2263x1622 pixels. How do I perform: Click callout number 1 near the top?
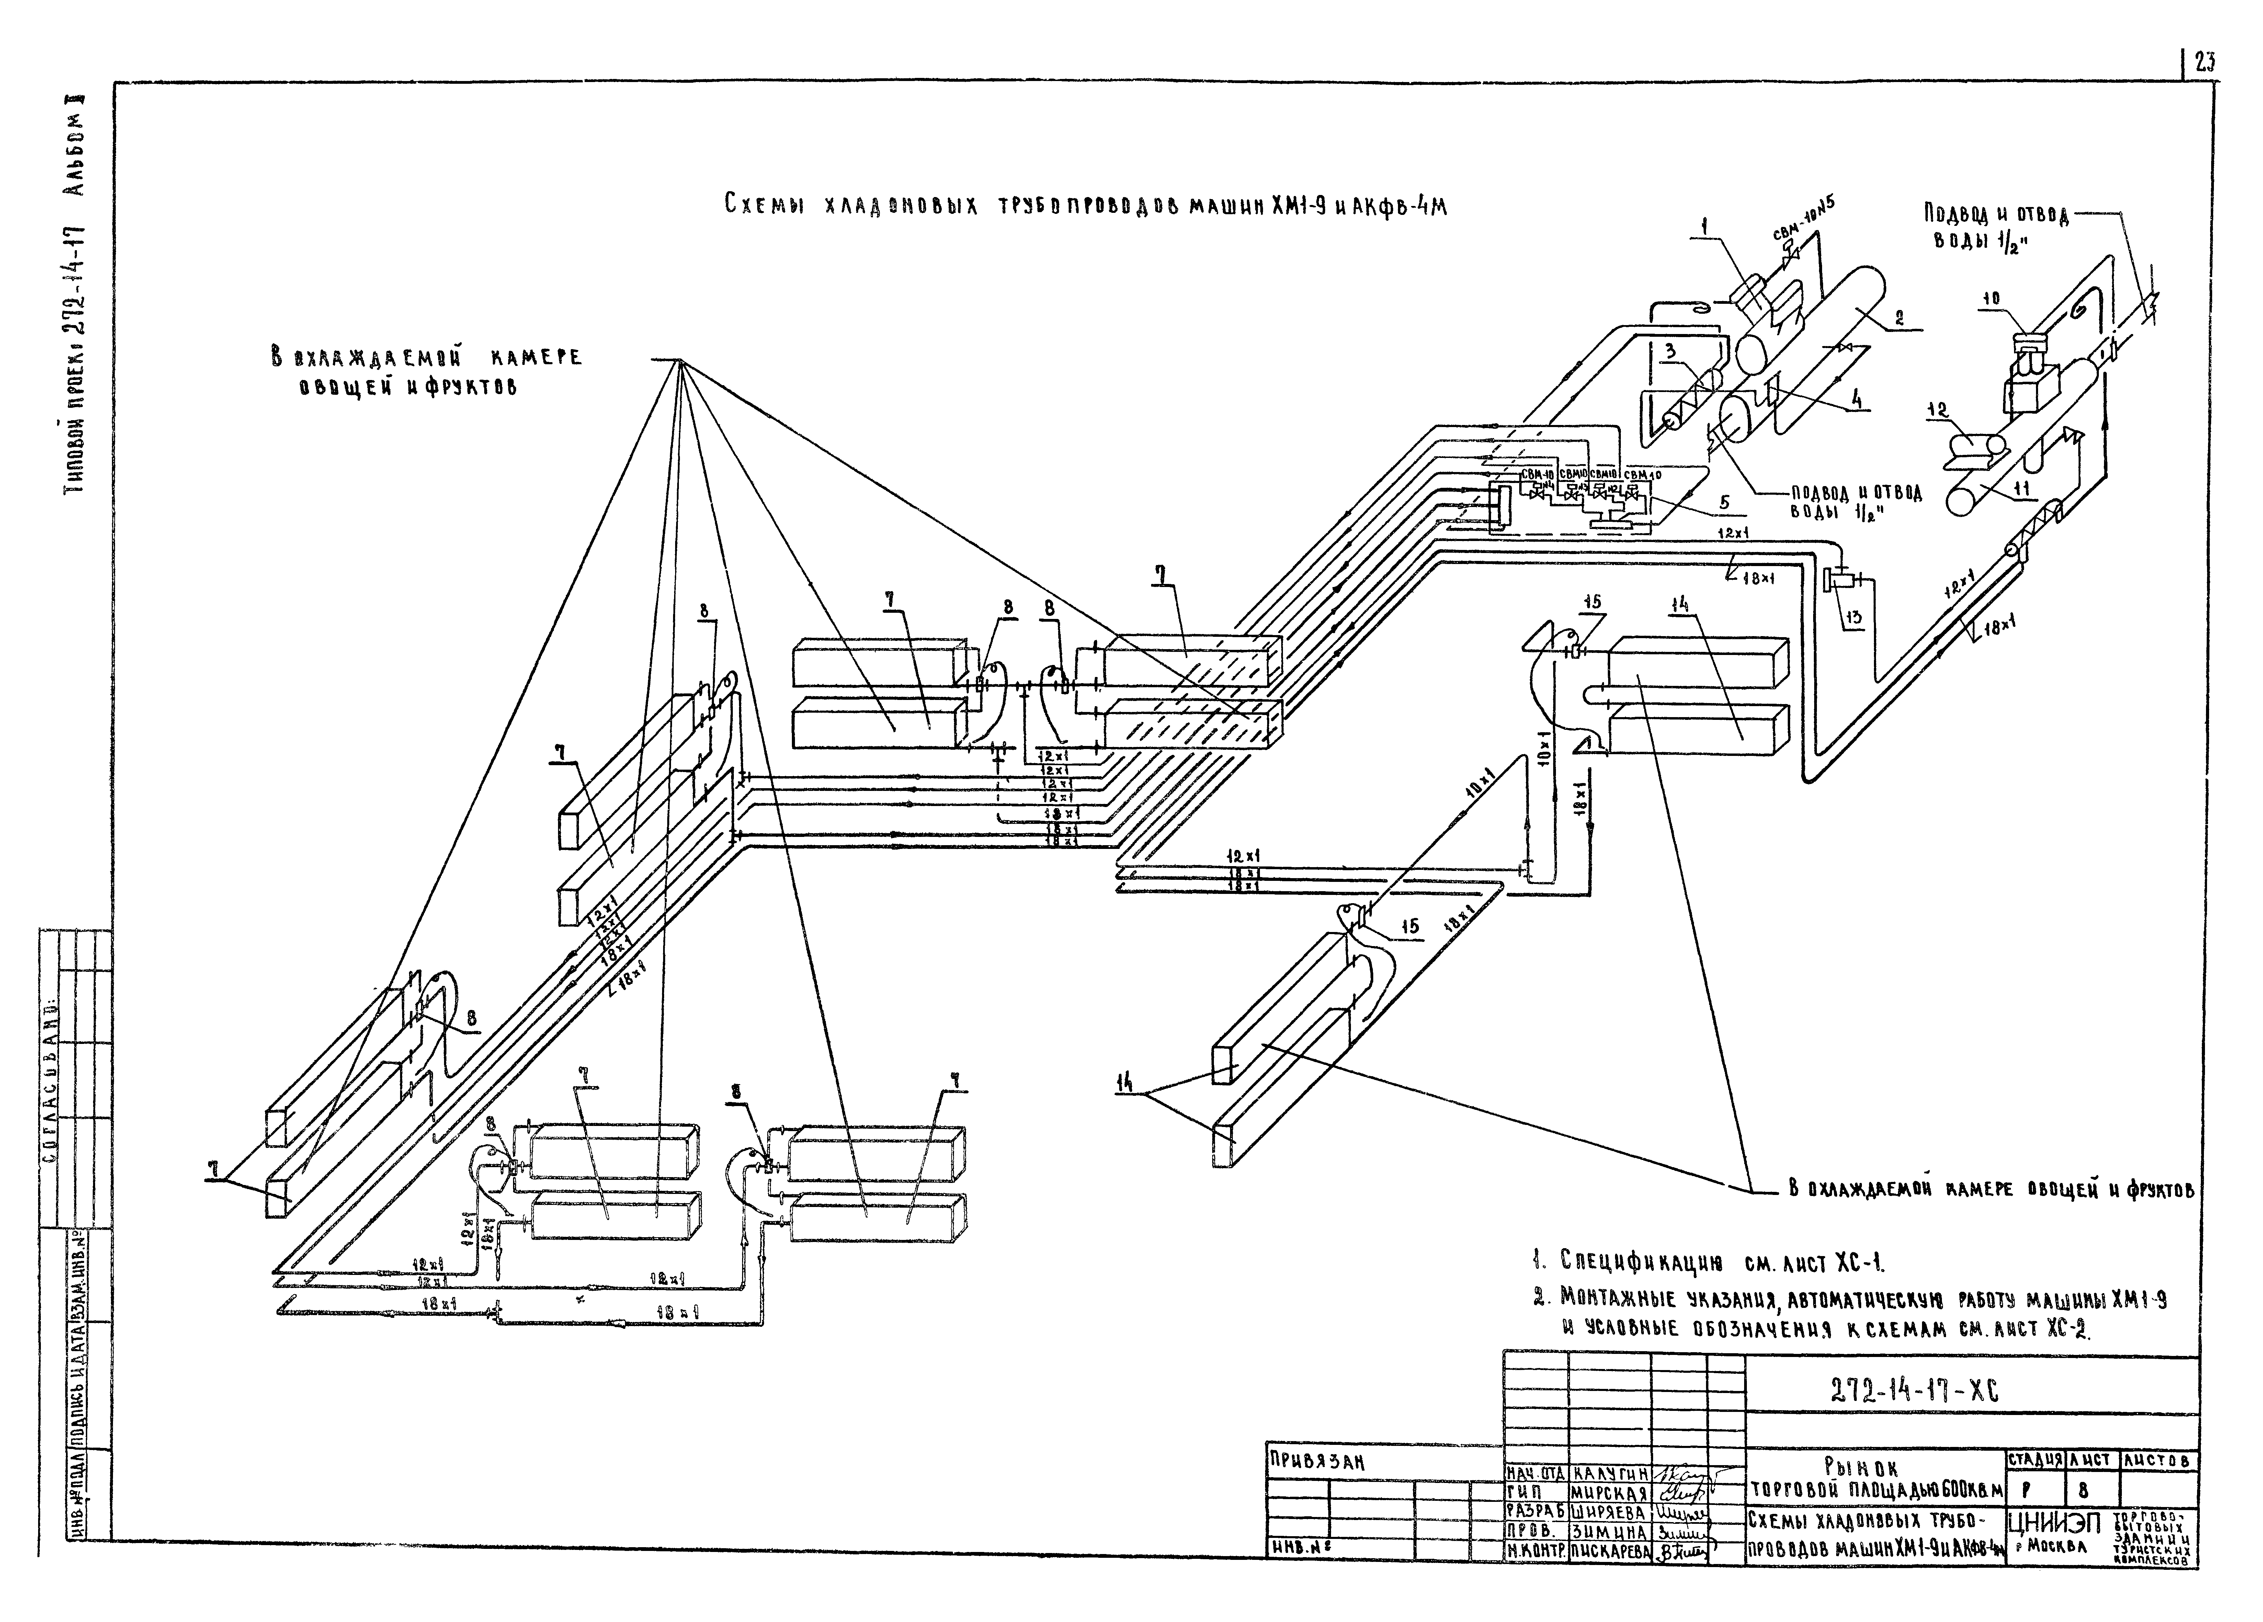click(x=1705, y=227)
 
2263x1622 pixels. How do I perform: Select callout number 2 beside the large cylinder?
click(x=1899, y=319)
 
